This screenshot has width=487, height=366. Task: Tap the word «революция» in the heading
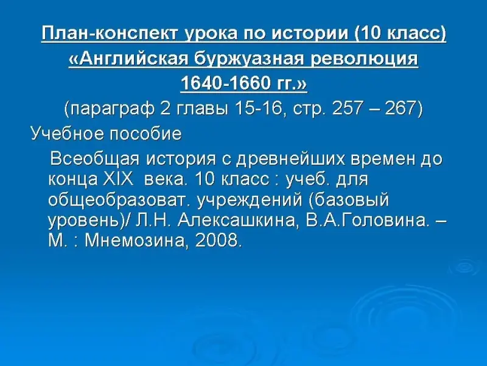click(364, 58)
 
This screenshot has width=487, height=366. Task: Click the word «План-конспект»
click(110, 33)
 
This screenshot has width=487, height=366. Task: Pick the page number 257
click(347, 109)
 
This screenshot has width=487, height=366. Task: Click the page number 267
click(400, 109)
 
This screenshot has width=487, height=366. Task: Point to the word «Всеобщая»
click(95, 159)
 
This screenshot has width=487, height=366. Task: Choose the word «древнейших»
click(290, 159)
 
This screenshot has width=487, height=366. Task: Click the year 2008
click(219, 240)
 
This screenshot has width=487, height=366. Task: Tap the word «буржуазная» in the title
click(250, 59)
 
